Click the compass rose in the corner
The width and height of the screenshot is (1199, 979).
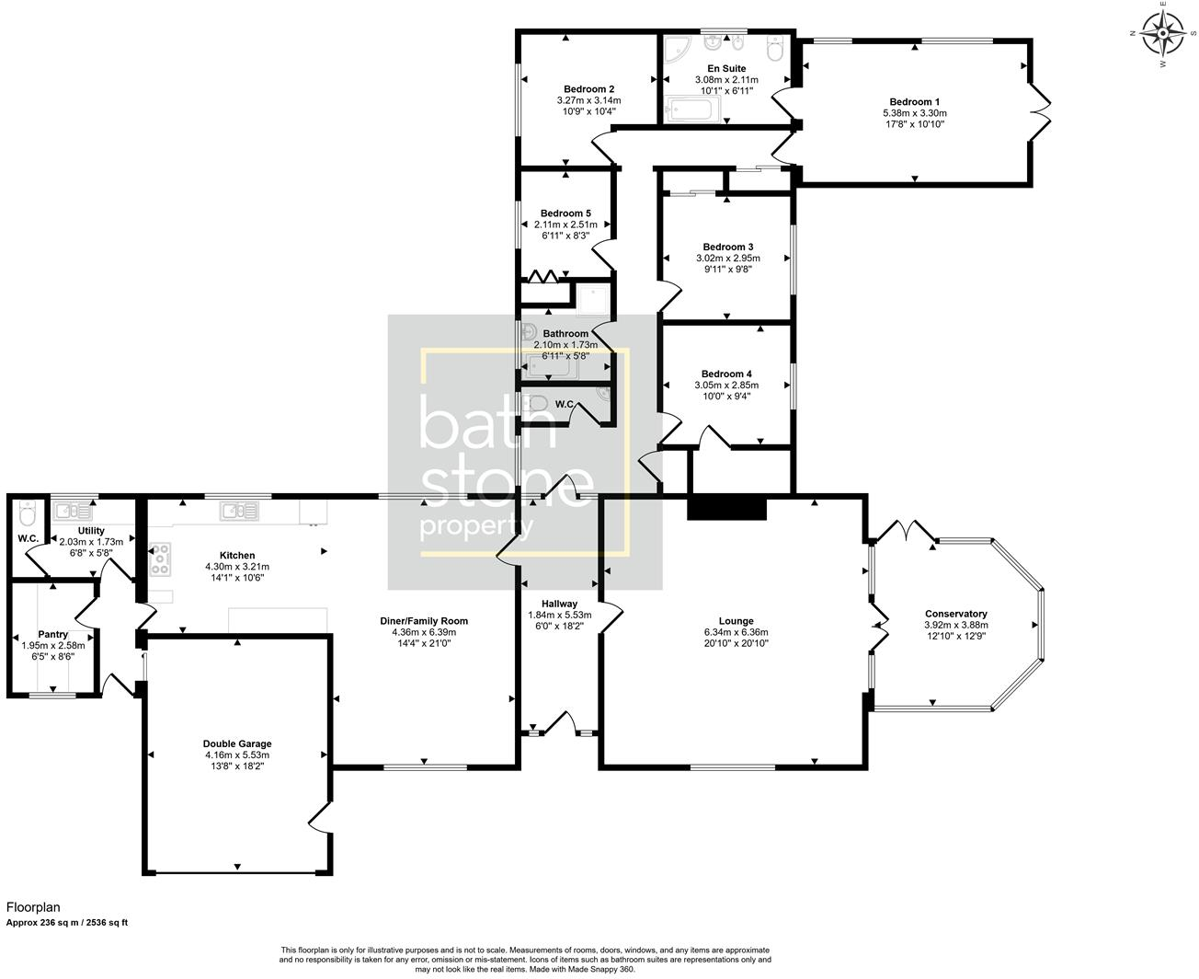click(x=1163, y=36)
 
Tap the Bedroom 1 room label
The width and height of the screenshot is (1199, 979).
click(x=914, y=102)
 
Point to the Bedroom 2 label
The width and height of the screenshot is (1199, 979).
click(x=588, y=89)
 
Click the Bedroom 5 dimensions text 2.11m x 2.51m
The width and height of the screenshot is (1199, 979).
click(x=565, y=225)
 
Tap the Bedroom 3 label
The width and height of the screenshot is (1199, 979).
click(x=727, y=247)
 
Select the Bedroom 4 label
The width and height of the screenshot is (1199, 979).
click(x=726, y=374)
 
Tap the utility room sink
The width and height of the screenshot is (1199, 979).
click(x=70, y=510)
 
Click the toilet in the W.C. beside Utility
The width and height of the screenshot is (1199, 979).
click(x=27, y=513)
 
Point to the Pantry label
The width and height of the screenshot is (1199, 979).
click(x=52, y=634)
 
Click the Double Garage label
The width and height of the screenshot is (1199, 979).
click(x=237, y=743)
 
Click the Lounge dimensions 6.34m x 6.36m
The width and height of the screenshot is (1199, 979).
click(x=737, y=632)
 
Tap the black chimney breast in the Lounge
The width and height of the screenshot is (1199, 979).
click(x=726, y=508)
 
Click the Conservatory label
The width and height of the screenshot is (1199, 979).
click(x=955, y=614)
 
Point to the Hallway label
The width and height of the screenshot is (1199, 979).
click(x=559, y=604)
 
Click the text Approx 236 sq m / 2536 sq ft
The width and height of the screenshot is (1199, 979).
click(x=67, y=922)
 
